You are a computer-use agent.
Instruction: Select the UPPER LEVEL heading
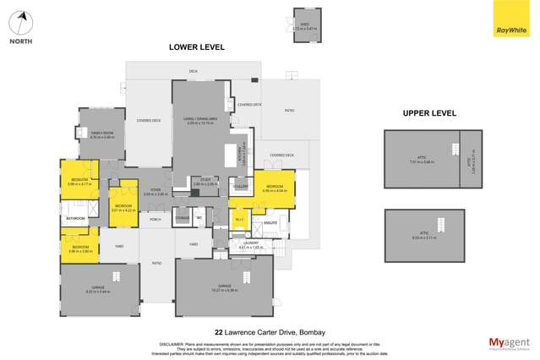point(429,112)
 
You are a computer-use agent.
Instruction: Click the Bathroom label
point(76,218)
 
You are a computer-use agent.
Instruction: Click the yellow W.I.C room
point(239,220)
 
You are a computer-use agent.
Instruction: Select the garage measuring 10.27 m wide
point(224,286)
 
